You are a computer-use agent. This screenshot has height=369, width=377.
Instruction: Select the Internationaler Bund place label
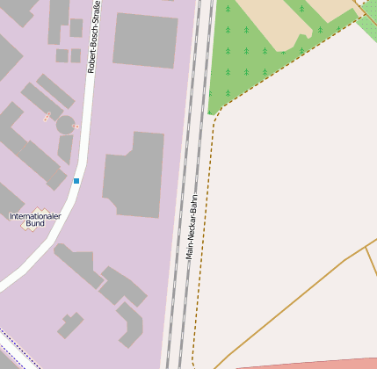point(35,219)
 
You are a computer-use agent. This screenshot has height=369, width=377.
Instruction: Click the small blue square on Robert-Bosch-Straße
point(76,181)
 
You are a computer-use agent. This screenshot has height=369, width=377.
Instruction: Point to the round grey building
point(65,125)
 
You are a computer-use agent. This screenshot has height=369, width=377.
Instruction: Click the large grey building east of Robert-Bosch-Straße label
point(145,40)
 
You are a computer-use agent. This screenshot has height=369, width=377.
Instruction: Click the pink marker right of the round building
point(76,127)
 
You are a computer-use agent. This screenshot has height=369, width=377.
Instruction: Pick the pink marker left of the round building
point(47,117)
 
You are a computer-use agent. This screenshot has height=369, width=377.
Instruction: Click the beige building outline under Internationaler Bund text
point(35,225)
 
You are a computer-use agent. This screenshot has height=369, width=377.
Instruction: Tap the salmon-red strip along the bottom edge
point(308,363)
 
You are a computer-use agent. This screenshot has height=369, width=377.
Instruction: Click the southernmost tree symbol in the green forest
point(228,91)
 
